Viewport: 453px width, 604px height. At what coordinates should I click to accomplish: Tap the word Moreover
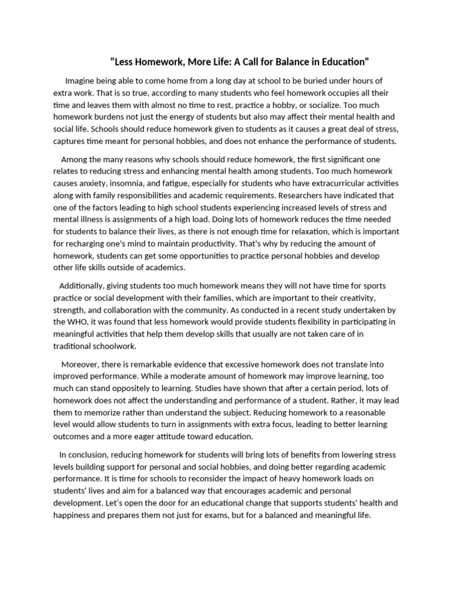click(80, 365)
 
